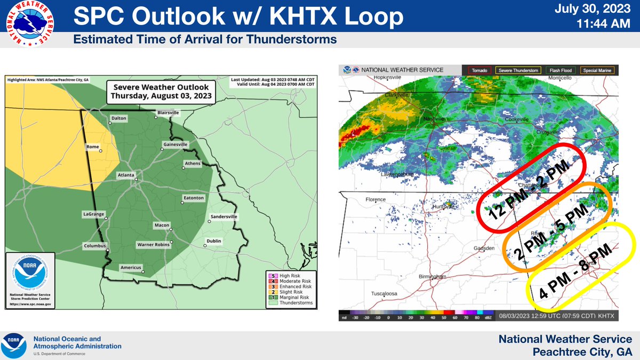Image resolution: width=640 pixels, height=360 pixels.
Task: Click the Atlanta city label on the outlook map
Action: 126,174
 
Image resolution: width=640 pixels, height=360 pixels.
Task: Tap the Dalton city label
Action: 119,118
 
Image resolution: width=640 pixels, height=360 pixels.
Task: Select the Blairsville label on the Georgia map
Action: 168,113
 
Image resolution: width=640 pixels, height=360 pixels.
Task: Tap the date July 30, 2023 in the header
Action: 598,9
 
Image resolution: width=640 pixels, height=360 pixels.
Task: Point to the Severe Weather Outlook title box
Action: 161,91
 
